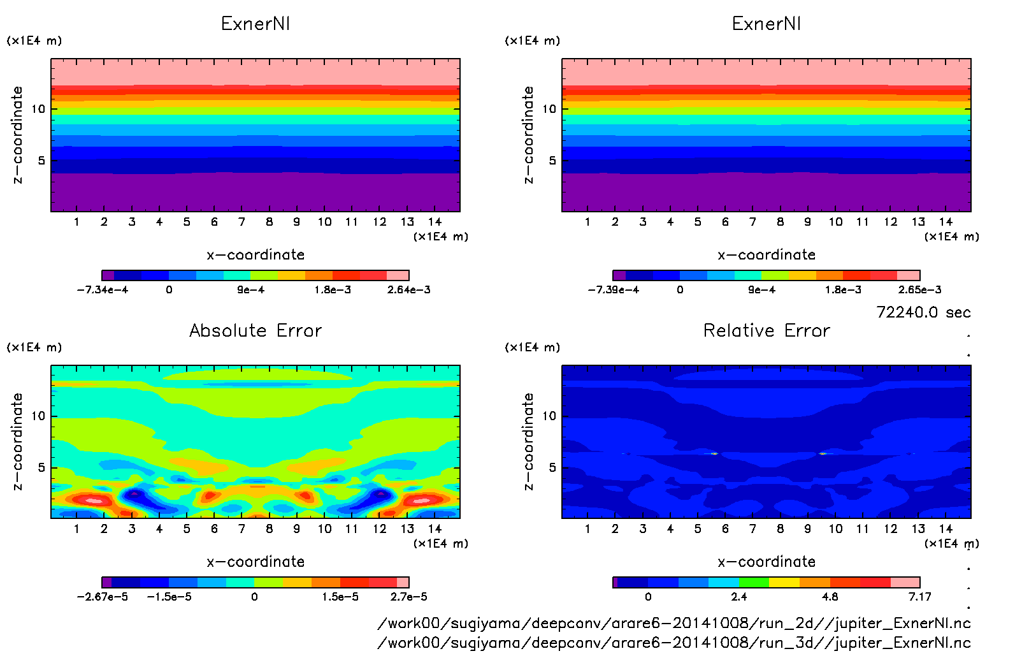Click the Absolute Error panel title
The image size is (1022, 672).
tap(255, 330)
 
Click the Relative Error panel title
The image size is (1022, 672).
tap(766, 330)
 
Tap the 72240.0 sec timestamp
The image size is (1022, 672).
tap(923, 312)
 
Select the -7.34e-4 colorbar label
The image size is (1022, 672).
tap(103, 290)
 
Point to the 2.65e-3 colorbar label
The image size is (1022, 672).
tap(919, 290)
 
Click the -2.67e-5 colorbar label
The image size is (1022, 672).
tap(103, 597)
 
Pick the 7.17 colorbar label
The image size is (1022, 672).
tap(919, 597)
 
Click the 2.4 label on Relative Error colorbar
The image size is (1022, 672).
tap(739, 597)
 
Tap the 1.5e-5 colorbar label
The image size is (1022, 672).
tap(340, 597)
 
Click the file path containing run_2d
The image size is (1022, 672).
tap(674, 624)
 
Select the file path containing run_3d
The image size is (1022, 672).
tap(674, 643)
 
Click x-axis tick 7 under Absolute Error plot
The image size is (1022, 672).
tap(241, 529)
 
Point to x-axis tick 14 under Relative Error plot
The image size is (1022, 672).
tap(946, 529)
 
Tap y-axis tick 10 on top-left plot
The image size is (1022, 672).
tap(38, 109)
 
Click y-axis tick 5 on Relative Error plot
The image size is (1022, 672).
tap(552, 468)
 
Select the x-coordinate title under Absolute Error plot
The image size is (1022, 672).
tap(255, 562)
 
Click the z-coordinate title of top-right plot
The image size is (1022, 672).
tap(528, 135)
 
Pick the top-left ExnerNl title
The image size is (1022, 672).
tap(255, 24)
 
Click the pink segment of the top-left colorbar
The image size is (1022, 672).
tap(398, 275)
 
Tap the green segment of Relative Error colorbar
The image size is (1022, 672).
tap(754, 583)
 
